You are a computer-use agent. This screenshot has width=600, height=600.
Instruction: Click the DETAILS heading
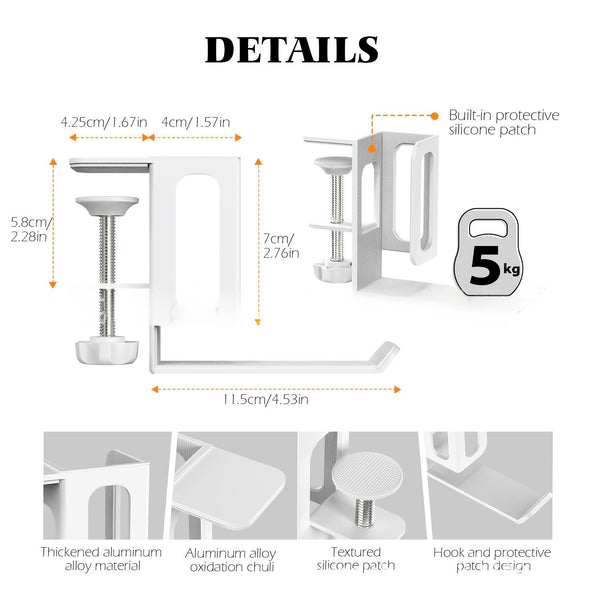pyautogui.click(x=292, y=50)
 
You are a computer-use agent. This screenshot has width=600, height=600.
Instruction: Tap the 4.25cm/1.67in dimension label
pyautogui.click(x=104, y=122)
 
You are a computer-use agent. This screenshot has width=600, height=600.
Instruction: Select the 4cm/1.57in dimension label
pyautogui.click(x=196, y=122)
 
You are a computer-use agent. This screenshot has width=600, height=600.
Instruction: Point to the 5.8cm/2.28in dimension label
pyautogui.click(x=31, y=229)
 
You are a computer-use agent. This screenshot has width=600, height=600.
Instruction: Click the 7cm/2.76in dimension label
pyautogui.click(x=281, y=246)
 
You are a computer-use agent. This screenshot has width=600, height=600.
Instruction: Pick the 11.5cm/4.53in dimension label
pyautogui.click(x=266, y=399)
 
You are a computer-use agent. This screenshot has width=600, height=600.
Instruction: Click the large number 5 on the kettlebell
pyautogui.click(x=485, y=266)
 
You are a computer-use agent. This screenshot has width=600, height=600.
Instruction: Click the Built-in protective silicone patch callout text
pyautogui.click(x=504, y=122)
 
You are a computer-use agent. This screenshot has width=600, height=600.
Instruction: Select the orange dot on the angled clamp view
pyautogui.click(x=372, y=149)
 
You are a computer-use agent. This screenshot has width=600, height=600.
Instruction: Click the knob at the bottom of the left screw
pyautogui.click(x=100, y=350)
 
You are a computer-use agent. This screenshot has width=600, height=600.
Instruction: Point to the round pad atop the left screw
pyautogui.click(x=107, y=206)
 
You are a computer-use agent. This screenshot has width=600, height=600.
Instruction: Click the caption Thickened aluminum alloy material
pyautogui.click(x=101, y=559)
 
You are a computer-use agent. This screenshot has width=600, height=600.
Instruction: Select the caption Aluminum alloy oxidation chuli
pyautogui.click(x=231, y=560)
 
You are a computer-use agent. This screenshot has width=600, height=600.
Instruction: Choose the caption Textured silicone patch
pyautogui.click(x=356, y=559)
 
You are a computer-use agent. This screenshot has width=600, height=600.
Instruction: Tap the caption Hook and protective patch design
pyautogui.click(x=492, y=559)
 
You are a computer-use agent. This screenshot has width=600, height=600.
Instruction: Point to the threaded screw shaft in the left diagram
pyautogui.click(x=108, y=276)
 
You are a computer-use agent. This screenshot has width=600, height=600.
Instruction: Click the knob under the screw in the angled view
pyautogui.click(x=333, y=271)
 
